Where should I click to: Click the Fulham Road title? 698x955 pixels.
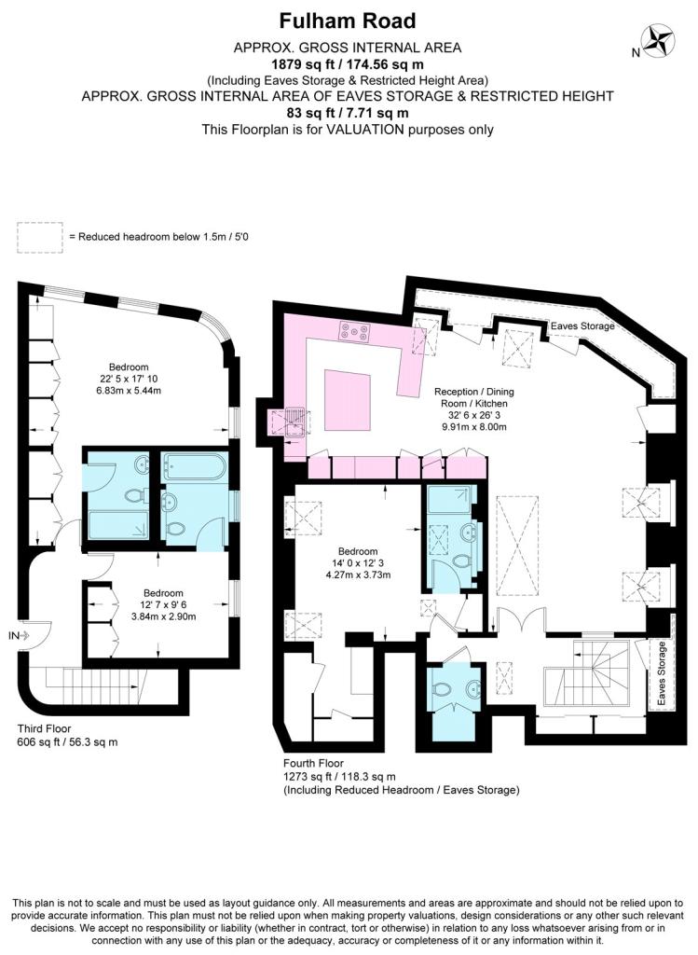point(349,20)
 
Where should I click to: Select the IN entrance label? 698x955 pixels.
point(13,635)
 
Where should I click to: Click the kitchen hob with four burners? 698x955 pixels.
point(355,329)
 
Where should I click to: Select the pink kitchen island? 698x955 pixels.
point(347,401)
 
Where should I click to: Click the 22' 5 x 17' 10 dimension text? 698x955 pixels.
point(129,379)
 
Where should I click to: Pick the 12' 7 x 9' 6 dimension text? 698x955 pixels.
point(164,604)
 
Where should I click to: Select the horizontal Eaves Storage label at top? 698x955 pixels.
point(582,326)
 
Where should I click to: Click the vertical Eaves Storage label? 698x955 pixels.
point(663,672)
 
